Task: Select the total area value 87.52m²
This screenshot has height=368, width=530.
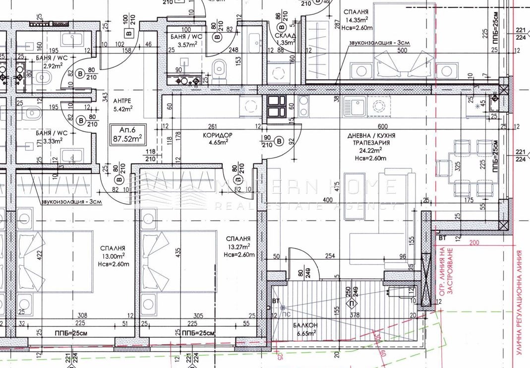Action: [x=126, y=139]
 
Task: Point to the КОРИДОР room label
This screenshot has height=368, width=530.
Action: [x=217, y=135]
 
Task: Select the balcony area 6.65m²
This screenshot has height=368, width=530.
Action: [x=302, y=333]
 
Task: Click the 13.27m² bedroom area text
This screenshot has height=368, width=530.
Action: [x=238, y=246]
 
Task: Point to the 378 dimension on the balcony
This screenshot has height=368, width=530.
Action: [x=354, y=314]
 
